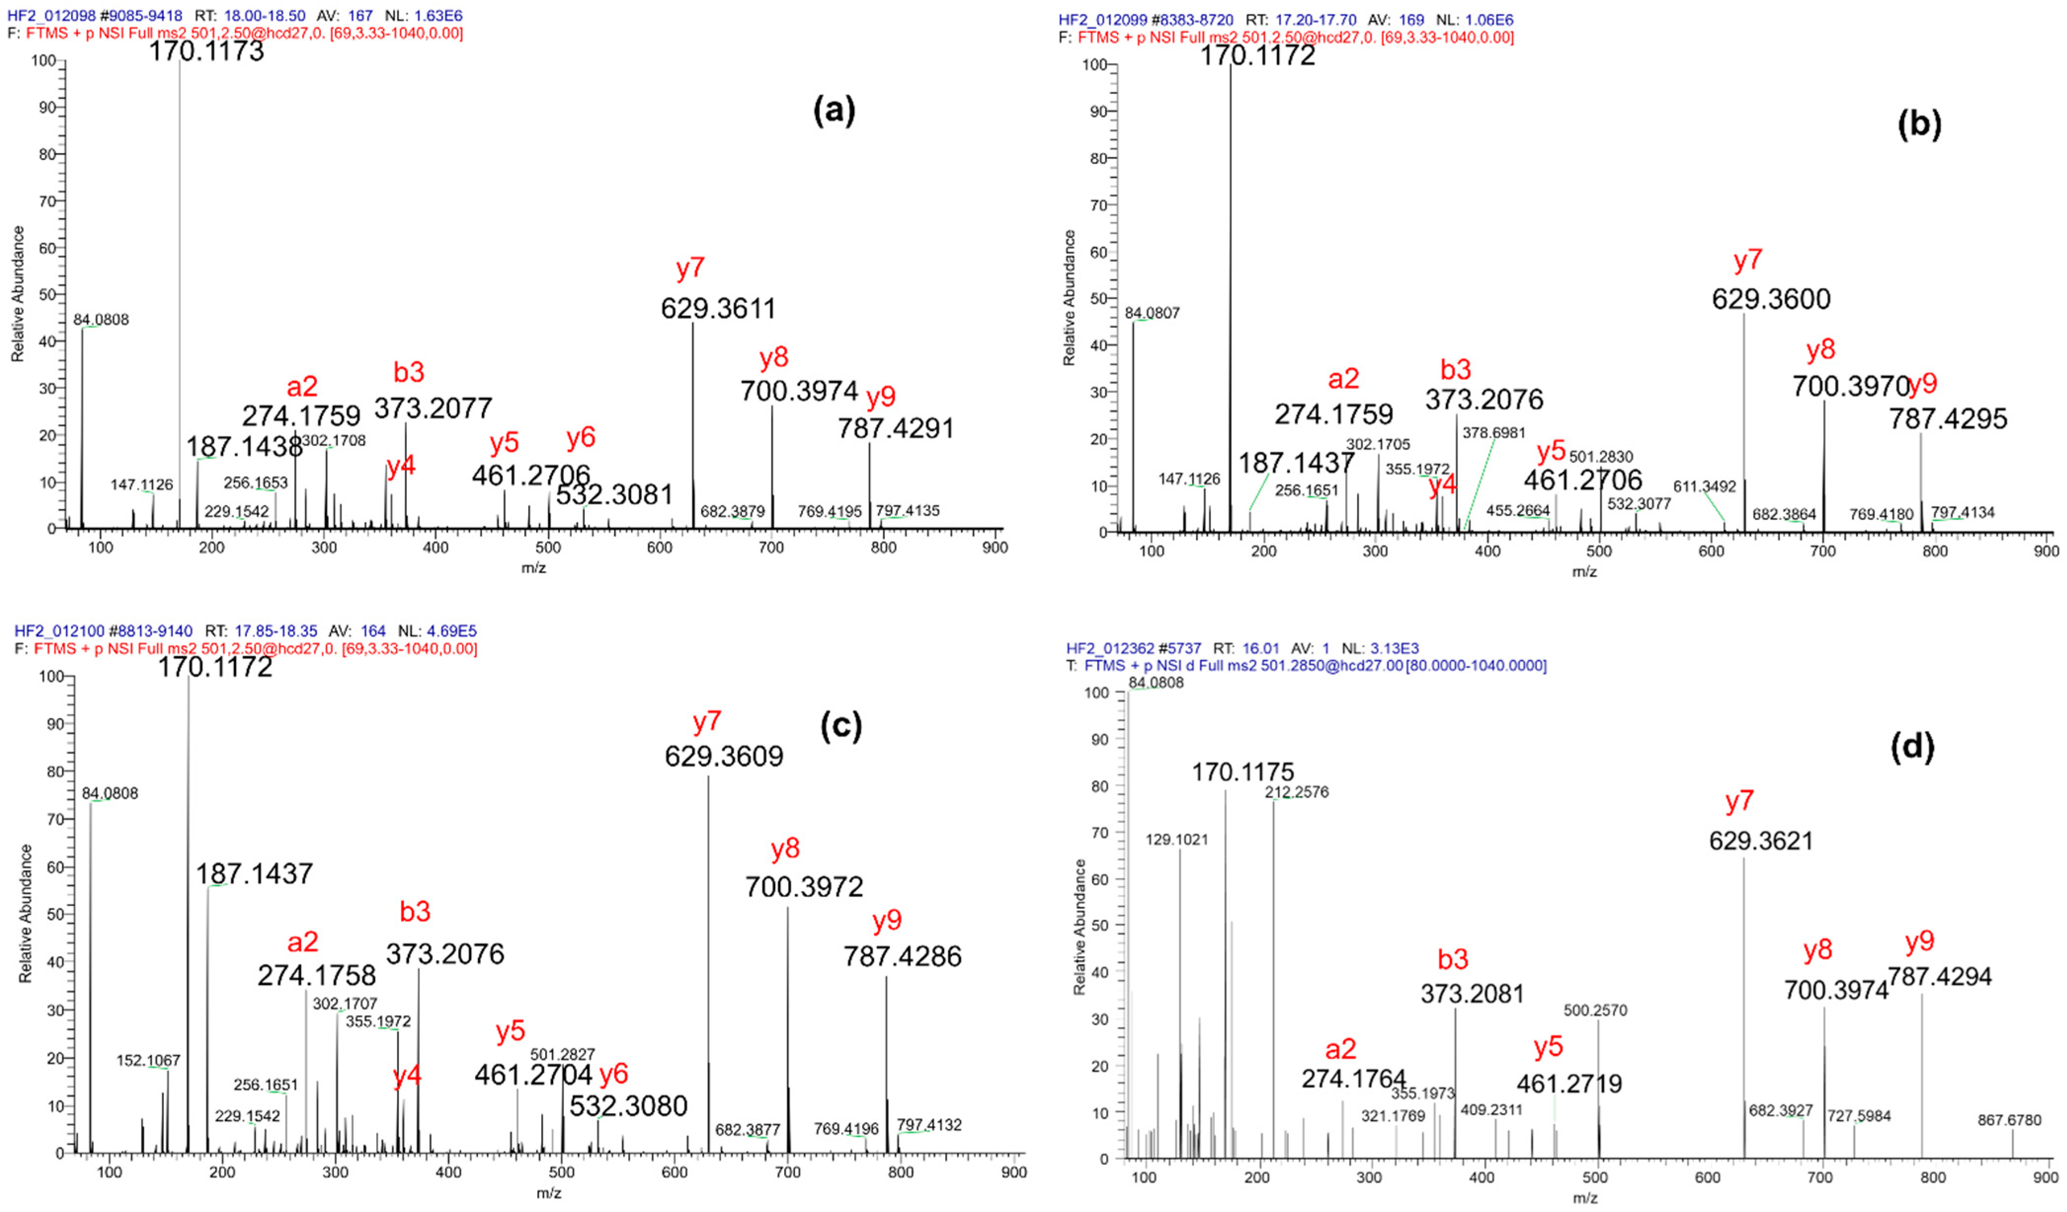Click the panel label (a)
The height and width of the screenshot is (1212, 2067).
pos(834,110)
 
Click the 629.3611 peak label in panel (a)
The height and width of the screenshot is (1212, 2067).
pos(717,309)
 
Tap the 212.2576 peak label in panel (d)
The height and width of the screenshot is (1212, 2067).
pos(1296,792)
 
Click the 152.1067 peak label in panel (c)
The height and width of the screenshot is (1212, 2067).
pos(148,1060)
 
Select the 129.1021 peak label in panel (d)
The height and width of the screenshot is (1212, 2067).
pos(1177,840)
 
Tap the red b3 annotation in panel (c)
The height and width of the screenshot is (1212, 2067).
pos(415,911)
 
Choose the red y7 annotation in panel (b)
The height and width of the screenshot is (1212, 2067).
pos(1747,261)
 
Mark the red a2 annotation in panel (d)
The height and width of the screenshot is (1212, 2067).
pos(1340,1049)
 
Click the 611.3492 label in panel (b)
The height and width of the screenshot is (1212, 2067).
pos(1705,487)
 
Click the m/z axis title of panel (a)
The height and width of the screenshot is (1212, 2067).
pos(533,567)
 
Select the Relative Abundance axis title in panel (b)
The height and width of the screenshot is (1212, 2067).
pos(1069,298)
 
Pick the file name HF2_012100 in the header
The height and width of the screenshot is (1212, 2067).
pos(59,631)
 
